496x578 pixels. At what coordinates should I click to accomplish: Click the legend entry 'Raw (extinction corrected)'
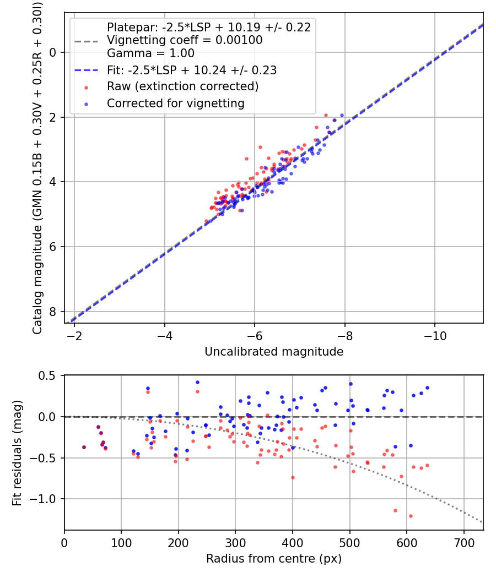point(182,87)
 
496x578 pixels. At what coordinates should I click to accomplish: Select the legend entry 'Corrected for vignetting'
point(175,103)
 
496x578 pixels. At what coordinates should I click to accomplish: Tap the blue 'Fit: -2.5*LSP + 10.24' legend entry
point(191,70)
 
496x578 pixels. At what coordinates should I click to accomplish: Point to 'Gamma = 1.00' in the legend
point(150,54)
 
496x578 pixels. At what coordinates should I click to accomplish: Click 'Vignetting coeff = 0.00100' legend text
point(185,40)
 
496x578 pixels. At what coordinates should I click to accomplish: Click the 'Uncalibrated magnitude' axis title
point(274,352)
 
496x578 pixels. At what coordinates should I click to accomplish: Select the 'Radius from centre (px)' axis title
point(274,559)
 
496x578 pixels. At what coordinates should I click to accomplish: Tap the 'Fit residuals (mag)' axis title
point(17,452)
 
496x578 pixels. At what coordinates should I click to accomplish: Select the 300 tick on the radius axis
point(235,542)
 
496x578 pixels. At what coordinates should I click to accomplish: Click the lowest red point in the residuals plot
point(411,516)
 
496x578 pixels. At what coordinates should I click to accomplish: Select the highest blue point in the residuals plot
point(197,382)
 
